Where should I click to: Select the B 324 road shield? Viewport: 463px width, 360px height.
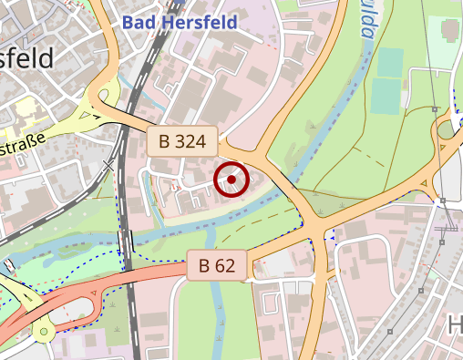(x=182, y=141)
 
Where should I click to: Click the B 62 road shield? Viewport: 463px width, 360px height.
(x=217, y=266)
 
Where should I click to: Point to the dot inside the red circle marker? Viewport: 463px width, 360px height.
(x=231, y=180)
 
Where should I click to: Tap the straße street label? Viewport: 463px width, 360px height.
(x=20, y=148)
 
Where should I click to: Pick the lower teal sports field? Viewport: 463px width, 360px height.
(x=386, y=96)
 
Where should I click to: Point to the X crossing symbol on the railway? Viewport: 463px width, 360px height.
(x=109, y=167)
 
